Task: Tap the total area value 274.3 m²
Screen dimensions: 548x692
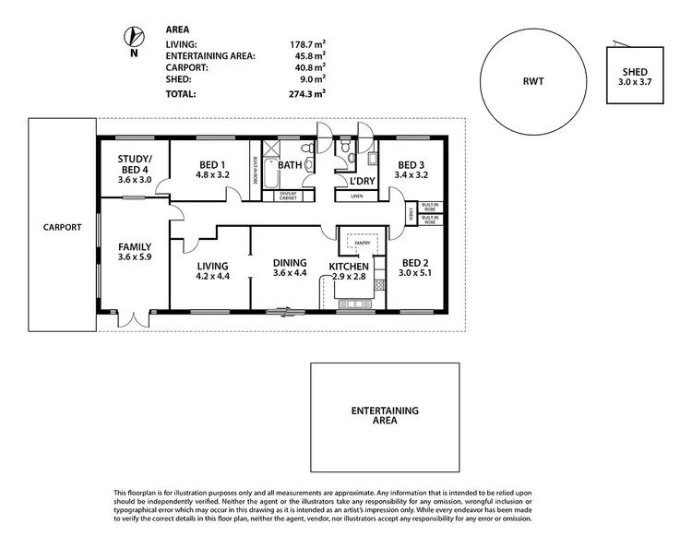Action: tap(307, 93)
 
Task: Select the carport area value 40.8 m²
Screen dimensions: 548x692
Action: tap(309, 67)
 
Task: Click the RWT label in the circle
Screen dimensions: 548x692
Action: tap(533, 82)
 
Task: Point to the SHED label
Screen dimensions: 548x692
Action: tap(635, 71)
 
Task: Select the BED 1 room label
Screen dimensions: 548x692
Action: tap(211, 166)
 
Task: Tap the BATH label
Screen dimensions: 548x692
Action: tap(291, 166)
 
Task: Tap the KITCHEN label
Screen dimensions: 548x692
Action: tap(349, 267)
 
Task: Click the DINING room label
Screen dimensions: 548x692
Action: tap(290, 261)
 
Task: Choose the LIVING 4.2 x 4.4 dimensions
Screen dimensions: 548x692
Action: tap(211, 277)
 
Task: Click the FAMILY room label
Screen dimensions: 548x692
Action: tap(135, 246)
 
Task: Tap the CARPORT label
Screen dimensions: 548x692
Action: tap(62, 227)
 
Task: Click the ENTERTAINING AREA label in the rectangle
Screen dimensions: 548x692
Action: tap(385, 414)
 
